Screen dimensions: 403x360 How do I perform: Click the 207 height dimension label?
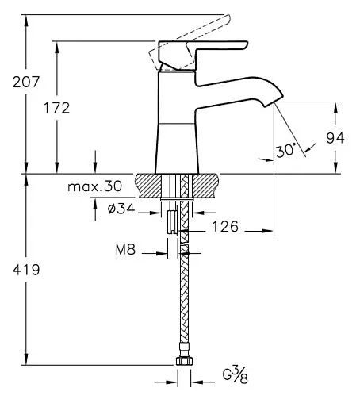[x=15, y=80]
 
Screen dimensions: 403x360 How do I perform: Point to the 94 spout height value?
[x=335, y=137]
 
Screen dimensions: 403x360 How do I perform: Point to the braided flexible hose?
[x=185, y=301]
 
